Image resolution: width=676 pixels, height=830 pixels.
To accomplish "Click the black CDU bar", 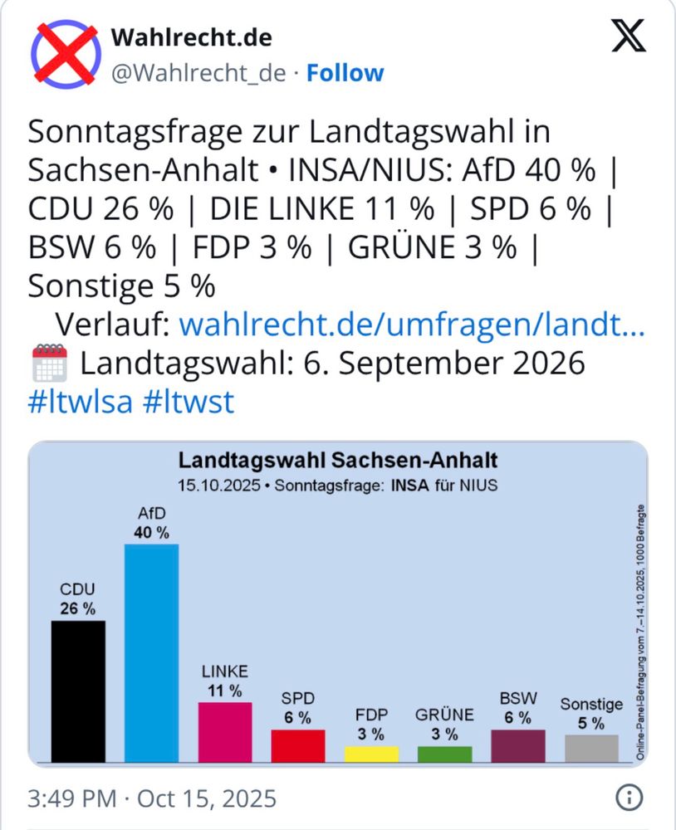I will pos(78,691).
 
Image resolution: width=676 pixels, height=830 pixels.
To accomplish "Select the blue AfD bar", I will pos(151,652).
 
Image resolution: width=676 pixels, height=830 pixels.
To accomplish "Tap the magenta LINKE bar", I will pos(224,731).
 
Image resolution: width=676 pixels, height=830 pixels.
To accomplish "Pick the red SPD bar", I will pos(298,745).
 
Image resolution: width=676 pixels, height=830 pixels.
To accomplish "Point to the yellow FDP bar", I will pos(371,754).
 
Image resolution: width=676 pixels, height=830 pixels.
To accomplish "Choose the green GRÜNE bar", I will pos(444,754).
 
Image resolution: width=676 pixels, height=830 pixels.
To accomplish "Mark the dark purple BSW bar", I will pos(518,745).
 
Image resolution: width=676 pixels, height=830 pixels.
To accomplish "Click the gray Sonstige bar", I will pos(591,748).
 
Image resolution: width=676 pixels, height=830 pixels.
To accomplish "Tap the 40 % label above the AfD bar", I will pos(151,532).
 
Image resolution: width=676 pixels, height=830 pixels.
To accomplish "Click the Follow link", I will pos(345,73).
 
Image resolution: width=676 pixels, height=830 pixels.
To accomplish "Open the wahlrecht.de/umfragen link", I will pos(412,325).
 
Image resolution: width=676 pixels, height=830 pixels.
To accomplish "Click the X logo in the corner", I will pos(629,37).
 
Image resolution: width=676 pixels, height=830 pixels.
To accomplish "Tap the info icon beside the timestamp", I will pos(629,798).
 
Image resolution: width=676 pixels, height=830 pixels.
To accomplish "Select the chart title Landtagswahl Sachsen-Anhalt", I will pos(339,460).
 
